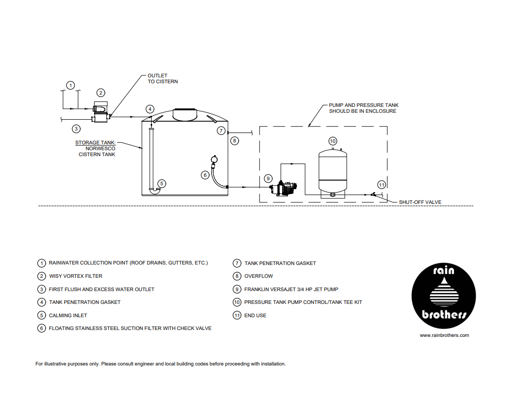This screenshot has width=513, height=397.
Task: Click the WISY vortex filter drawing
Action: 100,113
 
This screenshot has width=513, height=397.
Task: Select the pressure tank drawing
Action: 333,171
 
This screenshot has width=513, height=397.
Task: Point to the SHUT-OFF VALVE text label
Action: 420,202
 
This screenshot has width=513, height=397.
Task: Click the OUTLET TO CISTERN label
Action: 162,79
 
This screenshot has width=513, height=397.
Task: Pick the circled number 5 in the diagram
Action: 162,183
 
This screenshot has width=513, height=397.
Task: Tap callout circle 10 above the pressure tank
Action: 332,141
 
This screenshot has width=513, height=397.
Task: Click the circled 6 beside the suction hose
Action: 205,174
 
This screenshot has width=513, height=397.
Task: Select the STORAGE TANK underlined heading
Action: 95,143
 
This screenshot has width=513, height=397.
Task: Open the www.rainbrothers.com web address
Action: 444,335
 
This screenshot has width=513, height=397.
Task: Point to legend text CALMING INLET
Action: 68,315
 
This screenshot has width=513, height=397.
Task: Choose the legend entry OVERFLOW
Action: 258,276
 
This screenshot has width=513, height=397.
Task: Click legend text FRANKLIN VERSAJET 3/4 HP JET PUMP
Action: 291,289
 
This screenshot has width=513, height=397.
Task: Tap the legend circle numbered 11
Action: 237,315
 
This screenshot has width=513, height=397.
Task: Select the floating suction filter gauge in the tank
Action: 213,160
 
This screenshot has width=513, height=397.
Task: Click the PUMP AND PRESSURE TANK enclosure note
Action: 363,108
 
